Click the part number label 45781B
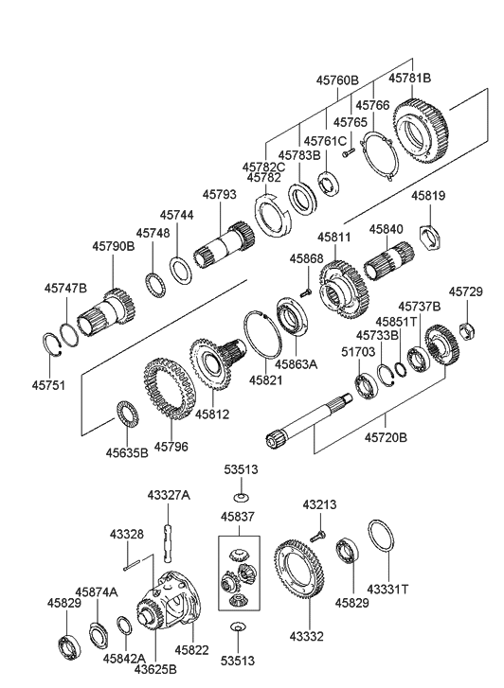[x=410, y=79]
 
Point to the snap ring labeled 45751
[x=54, y=349]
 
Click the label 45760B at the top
[x=337, y=80]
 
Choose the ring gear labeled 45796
[x=170, y=388]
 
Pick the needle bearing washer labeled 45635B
[x=128, y=415]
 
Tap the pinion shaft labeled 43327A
[x=168, y=543]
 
